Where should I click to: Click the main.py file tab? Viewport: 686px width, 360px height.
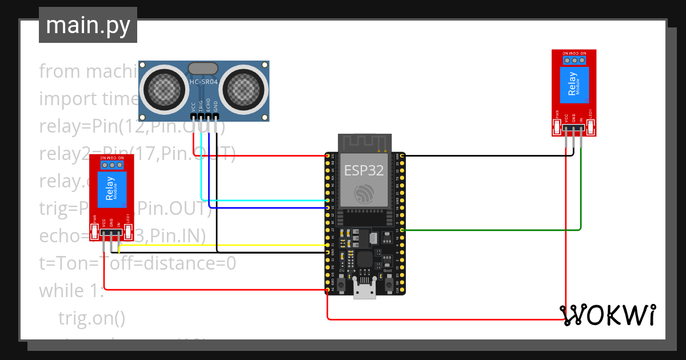click(x=87, y=26)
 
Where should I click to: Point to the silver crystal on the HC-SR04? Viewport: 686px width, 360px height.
click(x=204, y=68)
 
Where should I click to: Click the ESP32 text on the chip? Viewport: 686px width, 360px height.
click(x=364, y=170)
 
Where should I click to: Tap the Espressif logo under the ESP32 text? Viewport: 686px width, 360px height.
click(x=364, y=193)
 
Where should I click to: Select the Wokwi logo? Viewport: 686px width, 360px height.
click(x=607, y=315)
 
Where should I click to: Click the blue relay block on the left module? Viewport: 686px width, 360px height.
click(x=111, y=190)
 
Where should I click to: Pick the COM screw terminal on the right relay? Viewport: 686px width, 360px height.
click(x=575, y=59)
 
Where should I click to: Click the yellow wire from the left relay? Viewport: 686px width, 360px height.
click(x=229, y=245)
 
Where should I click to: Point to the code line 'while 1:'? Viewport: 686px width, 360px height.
click(x=71, y=290)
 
